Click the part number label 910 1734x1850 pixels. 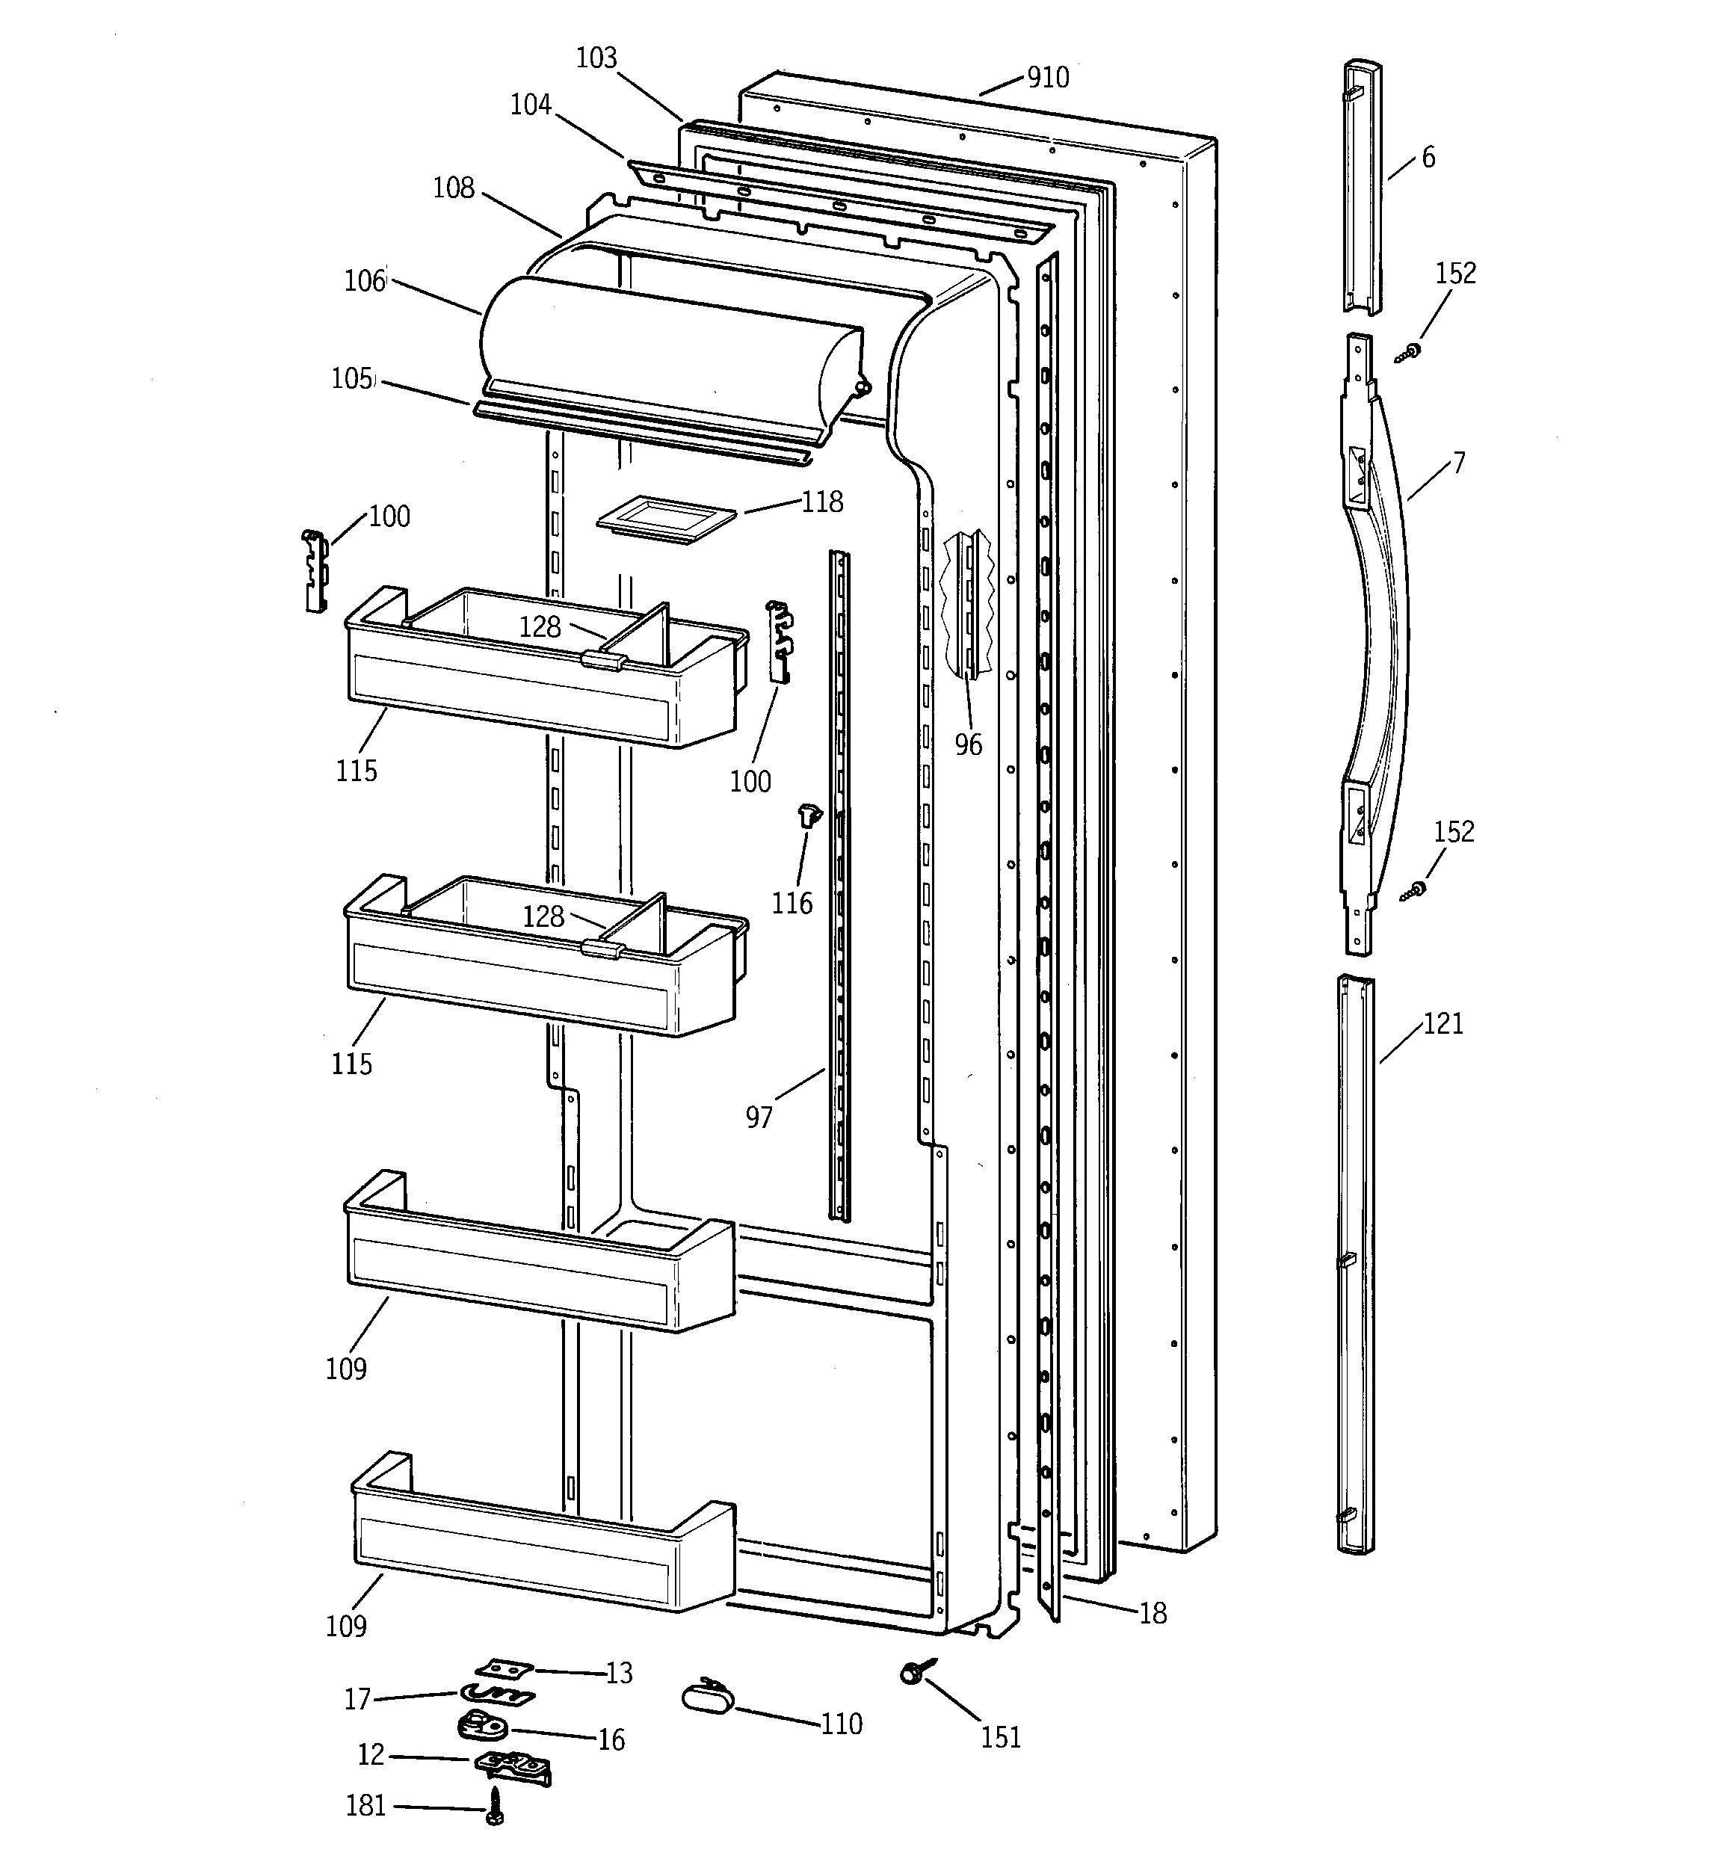point(1047,77)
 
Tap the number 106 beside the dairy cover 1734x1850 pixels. point(364,281)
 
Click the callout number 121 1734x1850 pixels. point(1443,1023)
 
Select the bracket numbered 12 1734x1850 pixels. point(512,1766)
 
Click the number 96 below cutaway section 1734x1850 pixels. point(968,744)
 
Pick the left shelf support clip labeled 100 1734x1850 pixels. point(315,570)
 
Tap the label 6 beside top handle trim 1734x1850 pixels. point(1428,157)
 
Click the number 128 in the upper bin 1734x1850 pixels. point(540,626)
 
